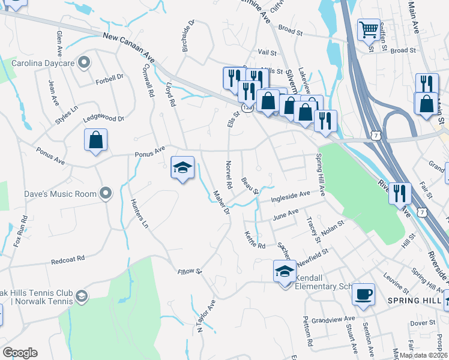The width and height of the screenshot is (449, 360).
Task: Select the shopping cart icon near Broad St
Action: (x=369, y=29)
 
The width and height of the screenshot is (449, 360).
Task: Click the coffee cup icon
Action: (x=363, y=295)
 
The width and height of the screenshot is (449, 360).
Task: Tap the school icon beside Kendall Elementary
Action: (x=285, y=271)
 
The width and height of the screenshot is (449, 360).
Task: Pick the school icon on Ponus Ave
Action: (x=182, y=167)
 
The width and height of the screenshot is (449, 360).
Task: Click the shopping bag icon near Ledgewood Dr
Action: (x=95, y=141)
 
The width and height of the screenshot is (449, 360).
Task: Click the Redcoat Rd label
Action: (x=68, y=260)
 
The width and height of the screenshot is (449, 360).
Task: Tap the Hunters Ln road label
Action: (x=139, y=215)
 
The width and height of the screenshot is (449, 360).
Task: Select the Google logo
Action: (x=20, y=353)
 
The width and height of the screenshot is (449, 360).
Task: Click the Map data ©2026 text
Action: (x=423, y=355)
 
